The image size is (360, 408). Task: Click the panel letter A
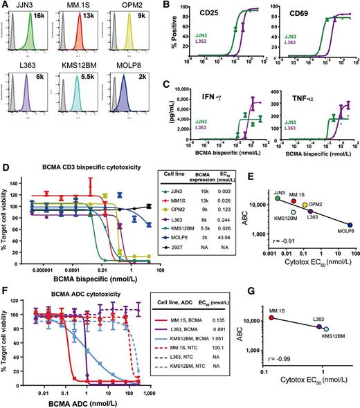[x=5, y=6]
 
